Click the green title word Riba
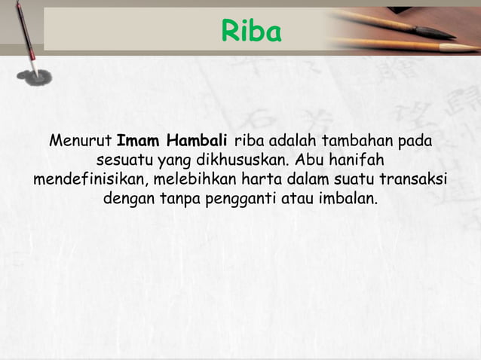click(251, 32)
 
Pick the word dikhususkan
click(244, 160)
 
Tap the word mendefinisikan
click(91, 180)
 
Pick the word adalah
click(290, 141)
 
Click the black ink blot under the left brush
click(37, 75)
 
